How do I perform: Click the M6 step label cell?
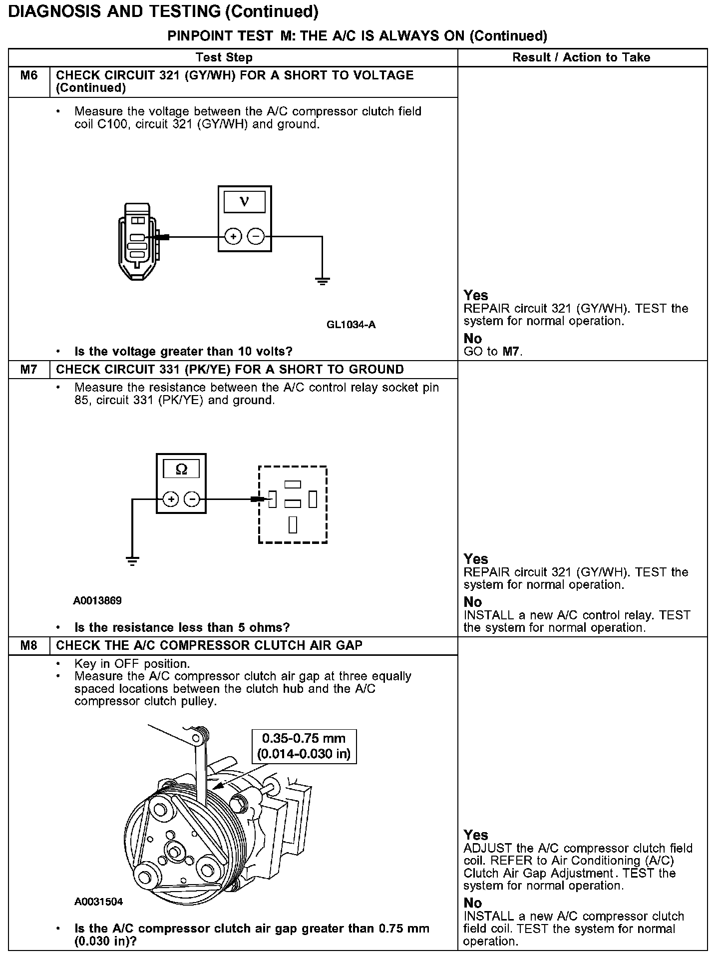point(29,75)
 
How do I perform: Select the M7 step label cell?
point(29,370)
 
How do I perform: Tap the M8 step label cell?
point(29,645)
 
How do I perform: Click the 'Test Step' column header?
point(224,57)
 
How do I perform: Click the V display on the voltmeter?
point(244,202)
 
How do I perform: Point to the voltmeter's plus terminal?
point(233,236)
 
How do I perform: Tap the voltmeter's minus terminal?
point(256,236)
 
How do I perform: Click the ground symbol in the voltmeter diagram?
point(323,281)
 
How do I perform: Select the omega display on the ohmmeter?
point(182,470)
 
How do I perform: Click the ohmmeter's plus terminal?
point(171,499)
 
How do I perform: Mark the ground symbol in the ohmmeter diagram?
point(132,561)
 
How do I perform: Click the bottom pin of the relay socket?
point(293,524)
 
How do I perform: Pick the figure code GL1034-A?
point(351,325)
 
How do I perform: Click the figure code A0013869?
point(97,600)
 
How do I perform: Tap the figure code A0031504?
point(98,902)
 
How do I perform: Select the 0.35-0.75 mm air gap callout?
point(304,746)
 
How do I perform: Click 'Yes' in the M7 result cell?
point(475,559)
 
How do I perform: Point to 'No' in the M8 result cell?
point(472,903)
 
